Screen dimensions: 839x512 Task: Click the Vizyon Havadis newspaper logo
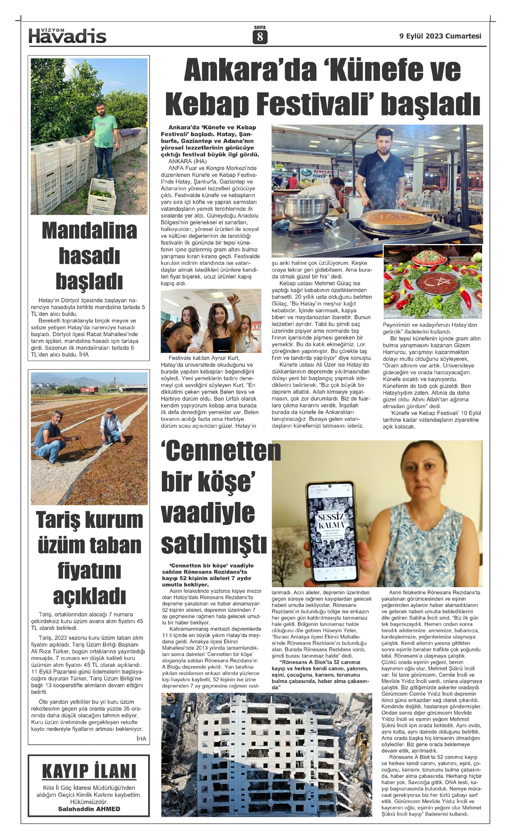(x=67, y=36)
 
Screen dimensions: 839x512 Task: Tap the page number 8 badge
(x=260, y=37)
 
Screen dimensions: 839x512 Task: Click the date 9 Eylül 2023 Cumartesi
(x=440, y=36)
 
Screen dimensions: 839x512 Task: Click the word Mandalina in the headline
(x=90, y=231)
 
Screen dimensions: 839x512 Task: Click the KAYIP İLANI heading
(x=89, y=772)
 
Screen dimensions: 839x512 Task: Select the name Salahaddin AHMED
(x=89, y=809)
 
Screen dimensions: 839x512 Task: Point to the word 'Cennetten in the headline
(x=221, y=451)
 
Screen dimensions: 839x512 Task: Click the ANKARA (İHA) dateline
(x=188, y=161)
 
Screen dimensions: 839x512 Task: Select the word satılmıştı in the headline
(x=214, y=544)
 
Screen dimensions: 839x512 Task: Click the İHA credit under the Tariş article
(x=141, y=738)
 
